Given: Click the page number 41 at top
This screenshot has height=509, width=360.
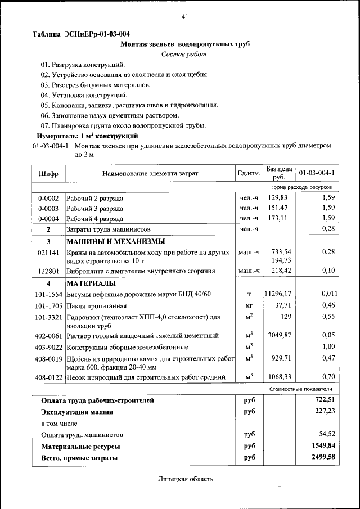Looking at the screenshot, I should click(184, 17).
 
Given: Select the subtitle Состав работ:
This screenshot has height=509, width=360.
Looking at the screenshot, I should click(184, 54).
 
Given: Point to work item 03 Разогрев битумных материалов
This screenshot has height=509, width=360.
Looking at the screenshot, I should click(96, 85).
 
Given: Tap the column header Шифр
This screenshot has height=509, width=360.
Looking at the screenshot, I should click(49, 174).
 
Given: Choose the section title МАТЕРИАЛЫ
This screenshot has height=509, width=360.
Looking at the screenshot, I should click(91, 283).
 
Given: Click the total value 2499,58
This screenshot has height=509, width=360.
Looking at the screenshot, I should click(323, 458).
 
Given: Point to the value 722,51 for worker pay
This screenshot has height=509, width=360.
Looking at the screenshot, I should click(324, 400).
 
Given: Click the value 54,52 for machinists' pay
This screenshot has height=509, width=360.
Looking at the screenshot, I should click(327, 435).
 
